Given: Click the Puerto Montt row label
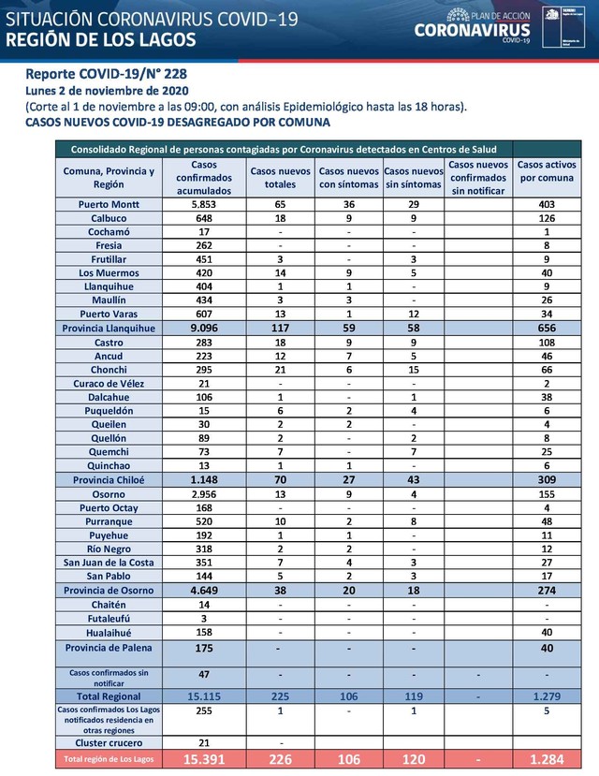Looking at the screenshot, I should [x=109, y=204].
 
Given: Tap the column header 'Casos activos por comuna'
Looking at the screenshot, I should [x=546, y=170].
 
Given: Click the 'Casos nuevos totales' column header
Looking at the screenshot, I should [x=280, y=170].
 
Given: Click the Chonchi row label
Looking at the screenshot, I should [x=109, y=370].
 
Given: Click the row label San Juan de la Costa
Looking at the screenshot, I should [x=109, y=562].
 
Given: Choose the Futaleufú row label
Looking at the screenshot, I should [x=109, y=618].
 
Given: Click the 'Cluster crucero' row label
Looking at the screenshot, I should [x=109, y=742].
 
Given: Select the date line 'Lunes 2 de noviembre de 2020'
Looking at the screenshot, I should [x=108, y=91].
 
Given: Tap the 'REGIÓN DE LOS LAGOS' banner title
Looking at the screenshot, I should [x=101, y=39].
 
